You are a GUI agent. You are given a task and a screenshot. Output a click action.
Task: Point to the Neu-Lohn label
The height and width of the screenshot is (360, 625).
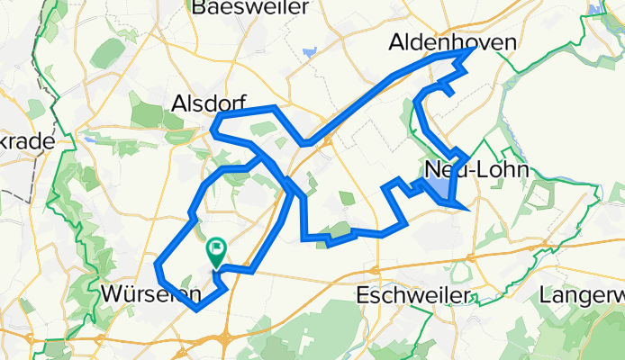[x=461, y=171]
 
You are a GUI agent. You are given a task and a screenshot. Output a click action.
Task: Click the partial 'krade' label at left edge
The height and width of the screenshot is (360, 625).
[x=27, y=141]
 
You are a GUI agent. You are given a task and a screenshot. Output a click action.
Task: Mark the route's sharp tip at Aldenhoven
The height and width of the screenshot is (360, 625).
[x=471, y=51]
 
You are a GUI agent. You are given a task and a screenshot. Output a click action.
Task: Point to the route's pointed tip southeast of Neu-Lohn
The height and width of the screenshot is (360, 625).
[x=467, y=209]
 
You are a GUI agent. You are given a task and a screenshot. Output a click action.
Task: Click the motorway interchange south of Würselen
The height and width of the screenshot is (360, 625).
[x=224, y=338]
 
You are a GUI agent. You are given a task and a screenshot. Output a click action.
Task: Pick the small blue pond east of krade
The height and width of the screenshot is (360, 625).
[x=89, y=139]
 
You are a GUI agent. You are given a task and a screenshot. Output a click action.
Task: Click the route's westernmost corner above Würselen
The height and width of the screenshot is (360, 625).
[x=159, y=265]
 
